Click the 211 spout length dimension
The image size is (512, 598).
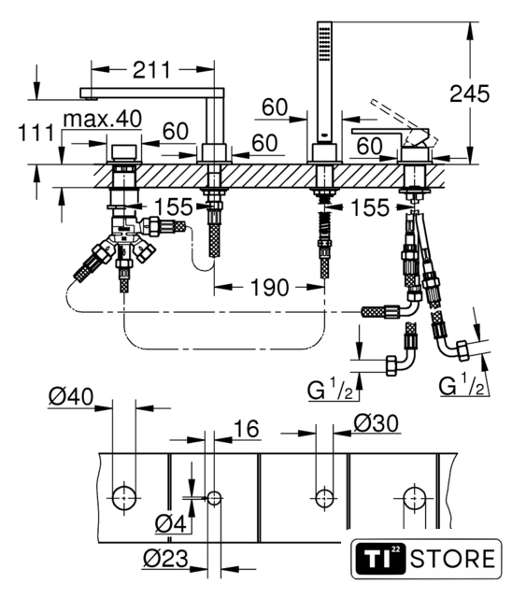tap(151, 70)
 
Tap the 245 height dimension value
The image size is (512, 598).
tap(469, 93)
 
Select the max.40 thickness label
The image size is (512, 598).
tap(103, 119)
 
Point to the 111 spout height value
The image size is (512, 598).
tap(36, 133)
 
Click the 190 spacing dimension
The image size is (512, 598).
tap(269, 287)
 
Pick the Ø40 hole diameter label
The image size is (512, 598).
tap(71, 396)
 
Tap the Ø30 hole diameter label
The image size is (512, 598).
tap(377, 423)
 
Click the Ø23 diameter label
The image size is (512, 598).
tap(165, 559)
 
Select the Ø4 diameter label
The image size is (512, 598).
tap(171, 523)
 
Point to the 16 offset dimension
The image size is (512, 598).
tap(247, 428)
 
